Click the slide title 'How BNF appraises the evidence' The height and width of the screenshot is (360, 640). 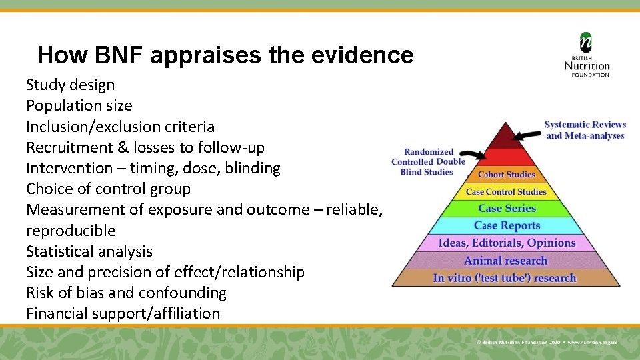(x=225, y=55)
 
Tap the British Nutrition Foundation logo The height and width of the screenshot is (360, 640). (x=587, y=55)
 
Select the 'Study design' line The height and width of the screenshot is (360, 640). (x=70, y=85)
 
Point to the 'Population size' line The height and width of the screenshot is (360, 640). (x=79, y=105)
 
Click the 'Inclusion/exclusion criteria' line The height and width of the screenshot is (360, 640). (x=120, y=127)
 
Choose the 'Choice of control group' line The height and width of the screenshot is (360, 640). (x=108, y=189)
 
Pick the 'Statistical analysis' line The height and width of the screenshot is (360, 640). (x=89, y=251)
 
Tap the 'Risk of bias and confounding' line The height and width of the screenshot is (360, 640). (x=126, y=293)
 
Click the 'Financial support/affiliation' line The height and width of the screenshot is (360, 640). (x=123, y=313)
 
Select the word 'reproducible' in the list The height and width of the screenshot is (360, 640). (x=71, y=231)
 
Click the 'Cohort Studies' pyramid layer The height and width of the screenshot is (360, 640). (x=507, y=175)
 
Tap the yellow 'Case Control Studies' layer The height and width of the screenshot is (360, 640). (x=506, y=192)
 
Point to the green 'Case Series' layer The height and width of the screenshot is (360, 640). (x=507, y=209)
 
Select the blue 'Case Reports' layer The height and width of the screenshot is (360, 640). (x=507, y=226)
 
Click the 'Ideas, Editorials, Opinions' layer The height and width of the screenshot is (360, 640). (x=507, y=243)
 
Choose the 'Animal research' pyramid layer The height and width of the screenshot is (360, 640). (x=505, y=261)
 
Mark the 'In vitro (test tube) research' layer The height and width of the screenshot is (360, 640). (x=505, y=278)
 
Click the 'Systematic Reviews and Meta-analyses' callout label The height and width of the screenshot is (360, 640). (x=585, y=130)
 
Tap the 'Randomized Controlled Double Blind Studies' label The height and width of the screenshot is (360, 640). (x=428, y=162)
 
